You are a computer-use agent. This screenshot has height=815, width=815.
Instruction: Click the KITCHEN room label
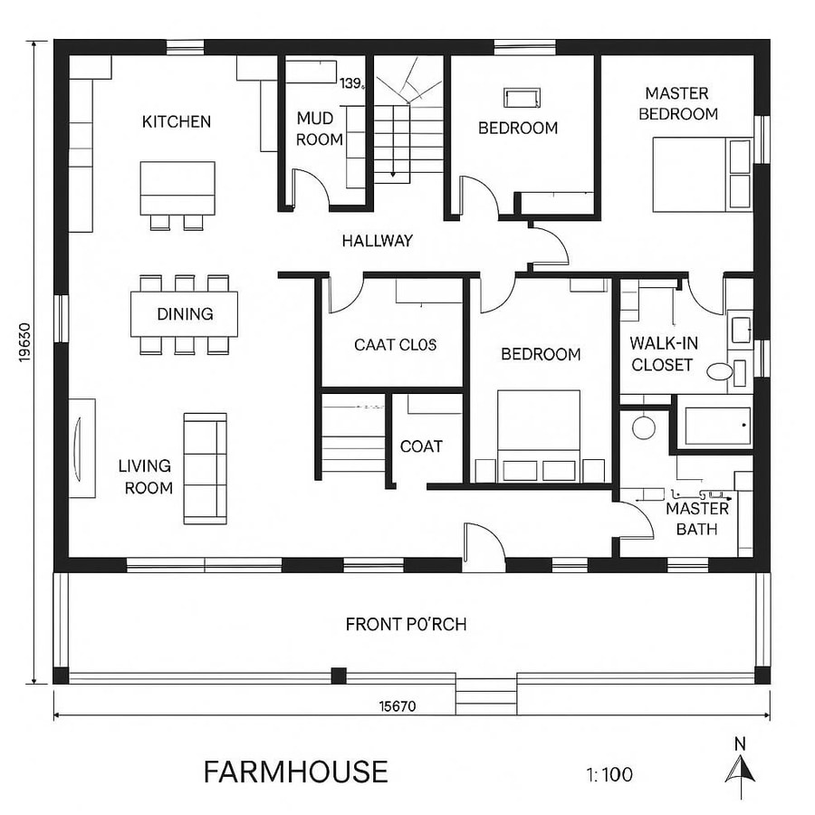coord(177,121)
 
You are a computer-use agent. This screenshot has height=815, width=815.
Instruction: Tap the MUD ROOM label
coord(319,129)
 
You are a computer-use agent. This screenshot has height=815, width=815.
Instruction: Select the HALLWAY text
coord(377,241)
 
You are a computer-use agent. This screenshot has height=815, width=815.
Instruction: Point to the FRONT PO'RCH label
coord(406,624)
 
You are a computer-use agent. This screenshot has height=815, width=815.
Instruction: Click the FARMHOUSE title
coord(295,772)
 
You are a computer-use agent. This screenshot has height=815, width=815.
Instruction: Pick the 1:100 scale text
coord(609,774)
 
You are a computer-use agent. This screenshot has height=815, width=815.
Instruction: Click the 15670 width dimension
coord(396,707)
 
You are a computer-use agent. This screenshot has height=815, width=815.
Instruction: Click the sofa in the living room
coord(205,468)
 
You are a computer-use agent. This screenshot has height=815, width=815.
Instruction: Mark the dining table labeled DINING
coord(185,314)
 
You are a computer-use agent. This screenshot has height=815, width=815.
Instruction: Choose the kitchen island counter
coord(177,187)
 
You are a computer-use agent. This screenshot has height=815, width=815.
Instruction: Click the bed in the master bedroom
coord(701,174)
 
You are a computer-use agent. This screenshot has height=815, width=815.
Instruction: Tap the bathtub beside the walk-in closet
coord(716,425)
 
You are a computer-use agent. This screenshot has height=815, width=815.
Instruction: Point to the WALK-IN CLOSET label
coord(661,354)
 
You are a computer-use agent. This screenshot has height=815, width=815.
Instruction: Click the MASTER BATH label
coord(696,518)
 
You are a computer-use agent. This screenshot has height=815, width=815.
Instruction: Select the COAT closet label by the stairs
coord(421,446)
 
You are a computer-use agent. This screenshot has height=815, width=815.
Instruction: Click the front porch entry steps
coord(486,695)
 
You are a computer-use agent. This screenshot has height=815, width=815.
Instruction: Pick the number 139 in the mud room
coord(352,83)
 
